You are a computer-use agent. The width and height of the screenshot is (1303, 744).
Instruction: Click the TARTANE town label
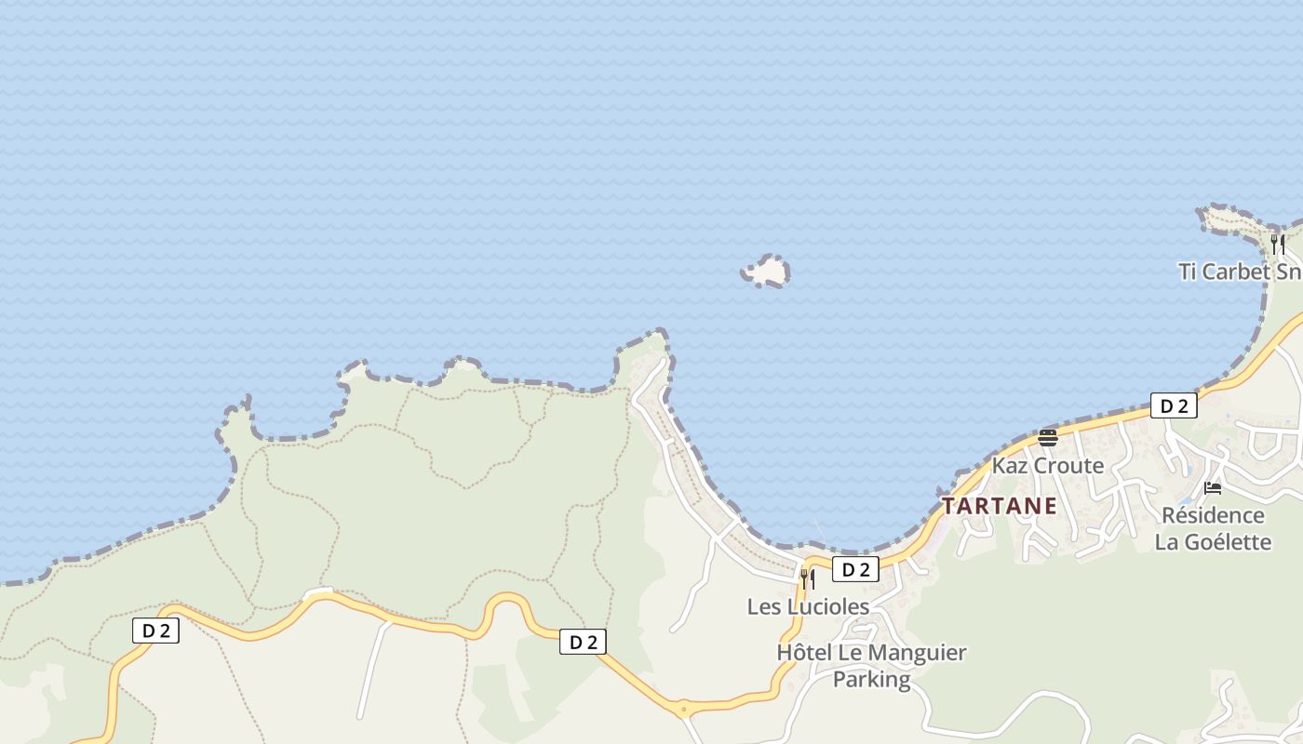coord(999,507)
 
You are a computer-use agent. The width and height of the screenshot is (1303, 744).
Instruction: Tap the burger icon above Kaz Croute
coord(1048,438)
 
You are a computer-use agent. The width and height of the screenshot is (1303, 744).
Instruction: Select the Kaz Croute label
coord(1048,465)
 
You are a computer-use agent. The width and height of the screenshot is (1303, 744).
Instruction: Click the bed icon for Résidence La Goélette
coord(1213,488)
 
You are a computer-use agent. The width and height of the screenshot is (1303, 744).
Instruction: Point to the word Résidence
coord(1213,515)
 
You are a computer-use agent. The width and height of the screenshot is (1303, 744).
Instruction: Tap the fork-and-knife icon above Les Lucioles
coord(807,579)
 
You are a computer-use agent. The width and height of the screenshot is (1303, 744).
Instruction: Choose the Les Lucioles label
coord(808,606)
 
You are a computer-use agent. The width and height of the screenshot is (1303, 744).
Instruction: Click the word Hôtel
coord(805,653)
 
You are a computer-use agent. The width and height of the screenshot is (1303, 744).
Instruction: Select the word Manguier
coord(919,653)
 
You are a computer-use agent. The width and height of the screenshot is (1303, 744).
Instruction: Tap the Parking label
coord(871,679)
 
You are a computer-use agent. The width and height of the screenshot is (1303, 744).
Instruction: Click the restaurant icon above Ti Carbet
coord(1278,245)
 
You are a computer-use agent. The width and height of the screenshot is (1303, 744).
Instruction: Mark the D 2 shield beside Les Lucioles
coord(854,569)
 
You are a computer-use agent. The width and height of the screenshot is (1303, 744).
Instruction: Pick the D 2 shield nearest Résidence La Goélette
coord(1174,405)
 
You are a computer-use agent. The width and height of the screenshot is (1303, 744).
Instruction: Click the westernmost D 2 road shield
coord(155,631)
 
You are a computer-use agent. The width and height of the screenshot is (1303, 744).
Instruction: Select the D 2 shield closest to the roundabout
coord(583,642)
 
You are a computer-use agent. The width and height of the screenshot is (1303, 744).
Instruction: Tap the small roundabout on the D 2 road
coord(684,710)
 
